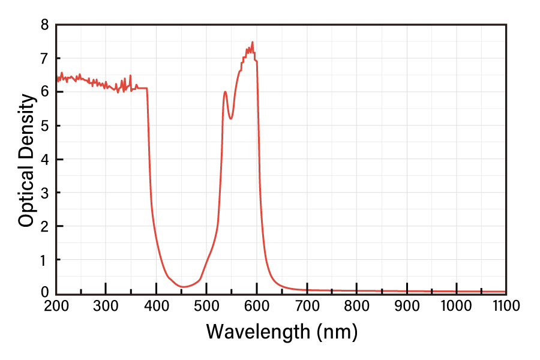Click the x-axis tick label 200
[56, 305]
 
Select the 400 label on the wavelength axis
[156, 305]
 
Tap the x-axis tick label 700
[307, 305]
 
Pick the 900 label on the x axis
[407, 305]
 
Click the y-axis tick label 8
[44, 25]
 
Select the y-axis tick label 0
[44, 293]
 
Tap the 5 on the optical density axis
[44, 126]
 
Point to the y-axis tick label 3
[44, 193]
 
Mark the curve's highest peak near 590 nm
[252, 42]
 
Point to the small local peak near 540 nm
[225, 92]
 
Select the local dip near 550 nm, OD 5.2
[230, 119]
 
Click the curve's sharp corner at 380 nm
[147, 89]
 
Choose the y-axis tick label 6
[44, 92]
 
